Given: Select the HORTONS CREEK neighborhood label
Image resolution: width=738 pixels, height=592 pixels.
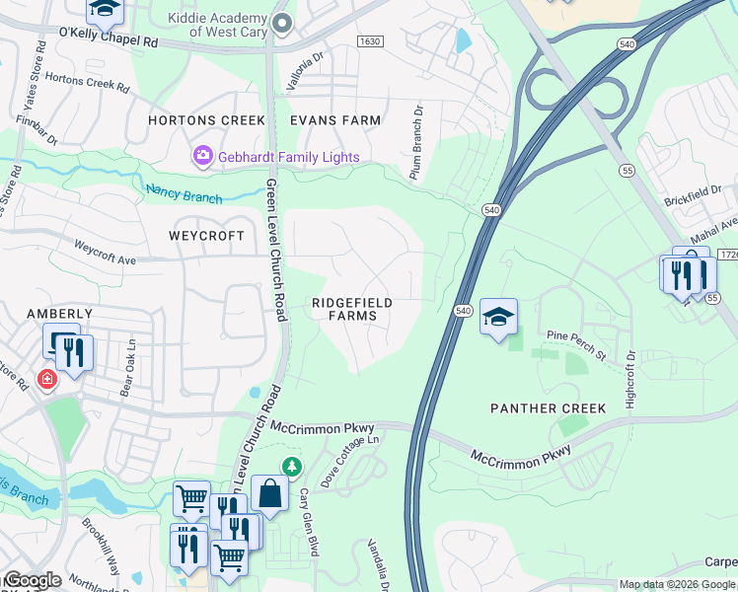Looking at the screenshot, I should point(206,120).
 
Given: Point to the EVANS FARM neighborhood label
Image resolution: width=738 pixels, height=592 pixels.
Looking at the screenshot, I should point(335,120).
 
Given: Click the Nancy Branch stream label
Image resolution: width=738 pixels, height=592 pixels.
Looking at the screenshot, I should point(184,193).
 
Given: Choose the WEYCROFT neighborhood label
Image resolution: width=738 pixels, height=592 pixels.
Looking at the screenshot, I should point(206,236).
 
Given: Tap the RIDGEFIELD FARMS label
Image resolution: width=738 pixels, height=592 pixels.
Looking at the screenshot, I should point(352,309).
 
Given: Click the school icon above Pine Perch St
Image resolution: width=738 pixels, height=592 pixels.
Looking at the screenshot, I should point(499,317).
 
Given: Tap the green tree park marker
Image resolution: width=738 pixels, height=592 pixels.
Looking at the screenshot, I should point(291,466).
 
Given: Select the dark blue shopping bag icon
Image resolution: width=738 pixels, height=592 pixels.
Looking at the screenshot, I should point(269,493).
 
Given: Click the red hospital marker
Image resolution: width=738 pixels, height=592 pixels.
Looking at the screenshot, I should point(45,379).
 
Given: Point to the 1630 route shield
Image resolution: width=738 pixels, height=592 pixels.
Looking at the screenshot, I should point(370,41).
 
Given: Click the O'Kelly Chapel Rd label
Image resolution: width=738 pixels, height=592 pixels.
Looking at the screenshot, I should point(109,43).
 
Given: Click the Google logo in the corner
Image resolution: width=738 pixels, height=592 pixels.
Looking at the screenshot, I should point(32,580).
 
